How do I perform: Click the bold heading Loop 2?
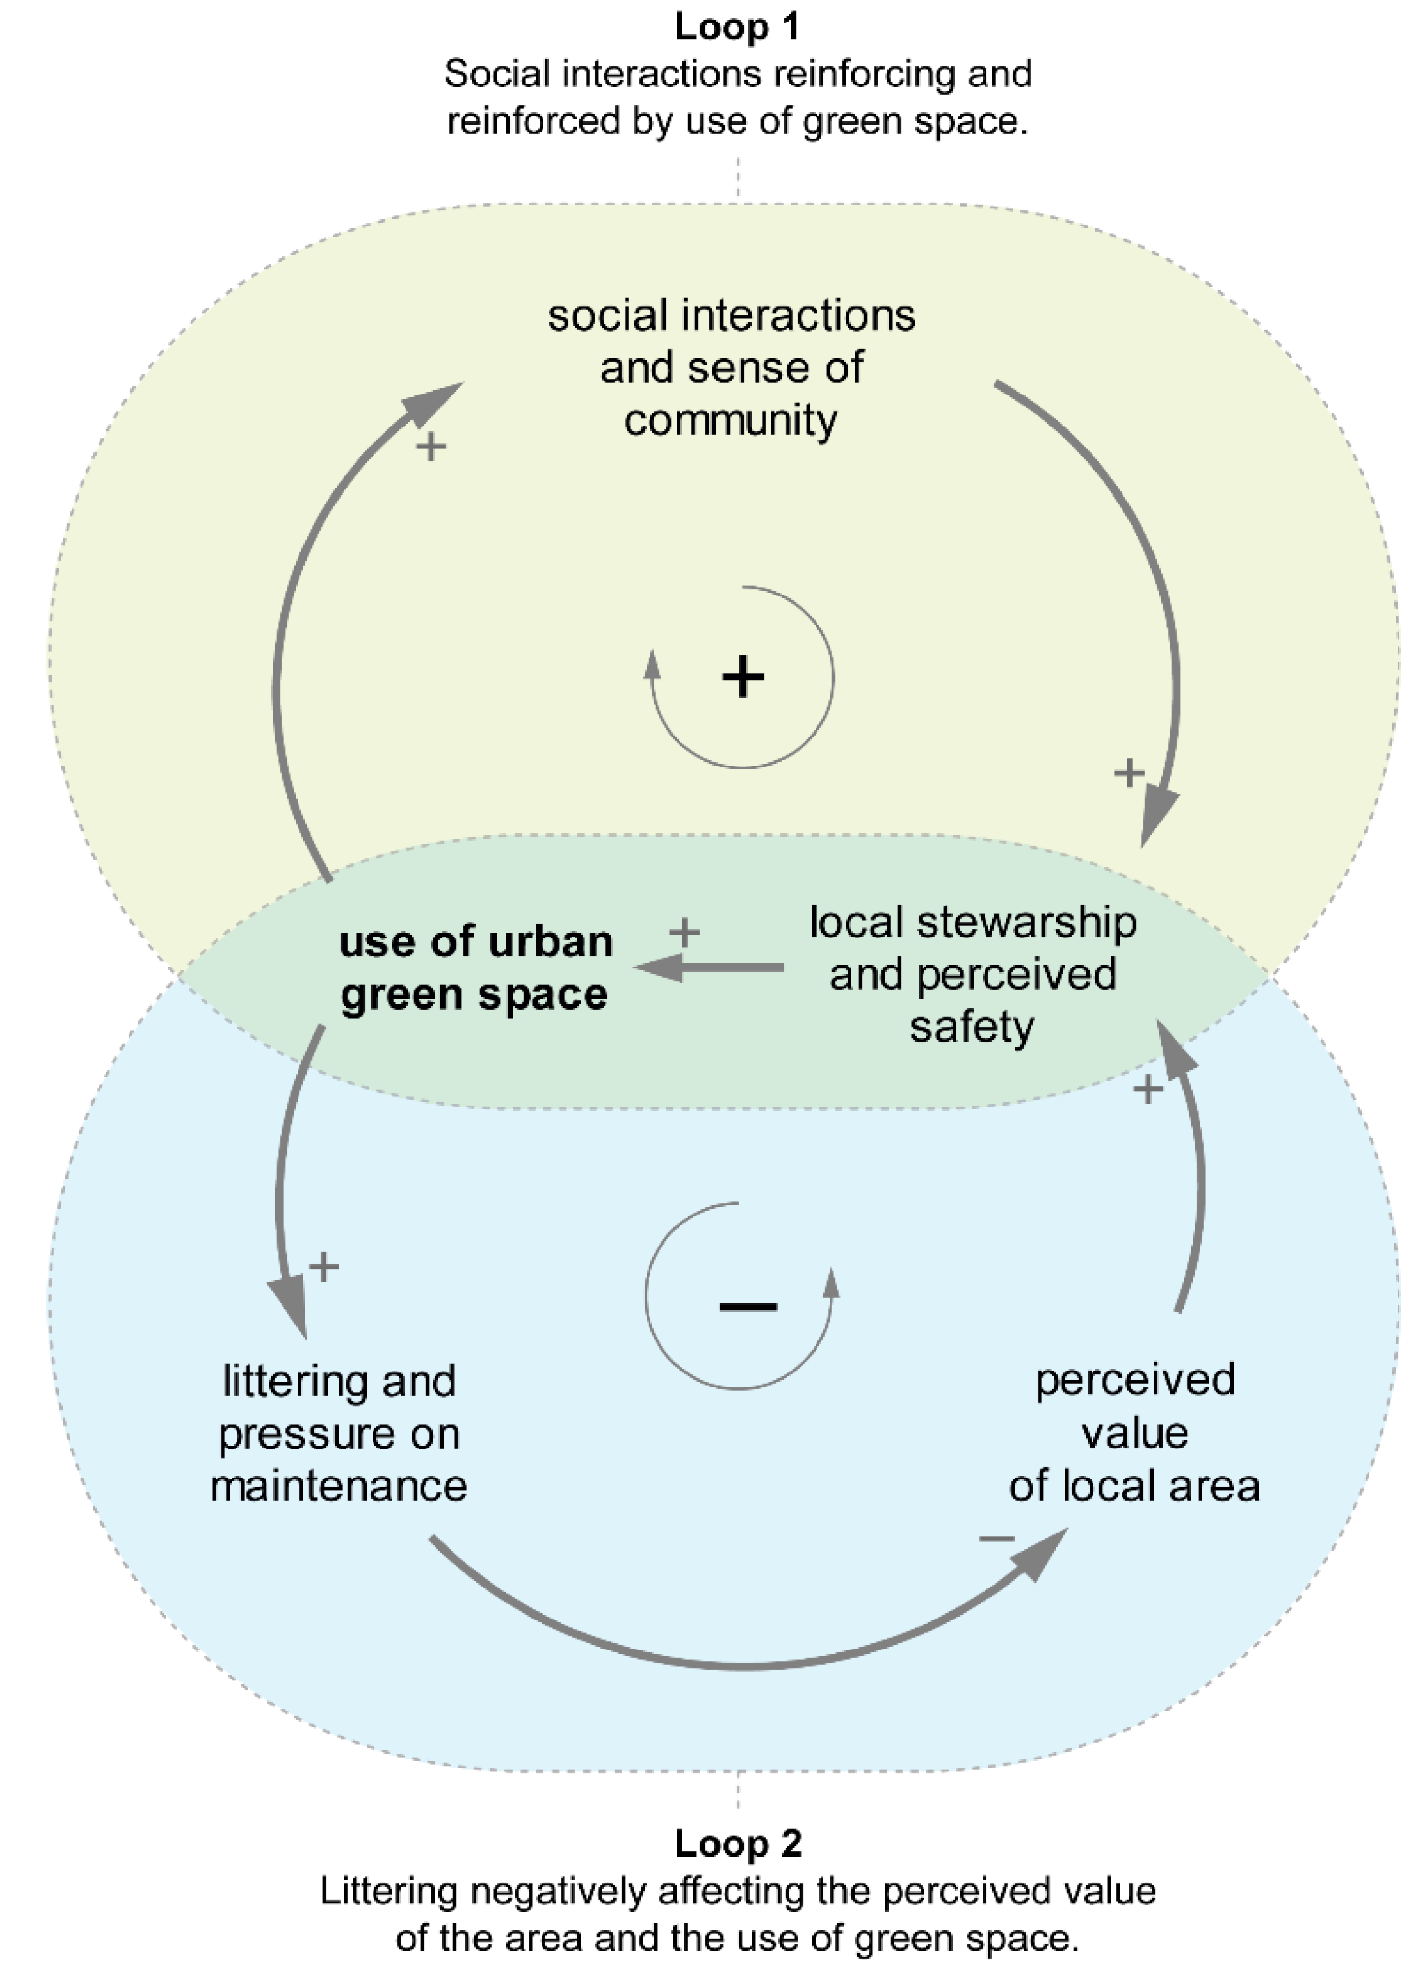point(738,1843)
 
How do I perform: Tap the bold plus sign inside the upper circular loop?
point(743,677)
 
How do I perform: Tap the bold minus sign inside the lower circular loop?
point(747,1306)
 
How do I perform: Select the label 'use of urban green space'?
point(475,967)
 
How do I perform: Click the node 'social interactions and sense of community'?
point(731,367)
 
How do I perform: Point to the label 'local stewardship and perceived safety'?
point(972,974)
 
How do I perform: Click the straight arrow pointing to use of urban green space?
point(711,967)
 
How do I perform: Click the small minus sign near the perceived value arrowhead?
point(996,1539)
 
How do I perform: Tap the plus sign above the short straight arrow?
point(684,933)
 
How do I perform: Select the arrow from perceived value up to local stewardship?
point(1197,1179)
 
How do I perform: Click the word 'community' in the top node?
point(730,421)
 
